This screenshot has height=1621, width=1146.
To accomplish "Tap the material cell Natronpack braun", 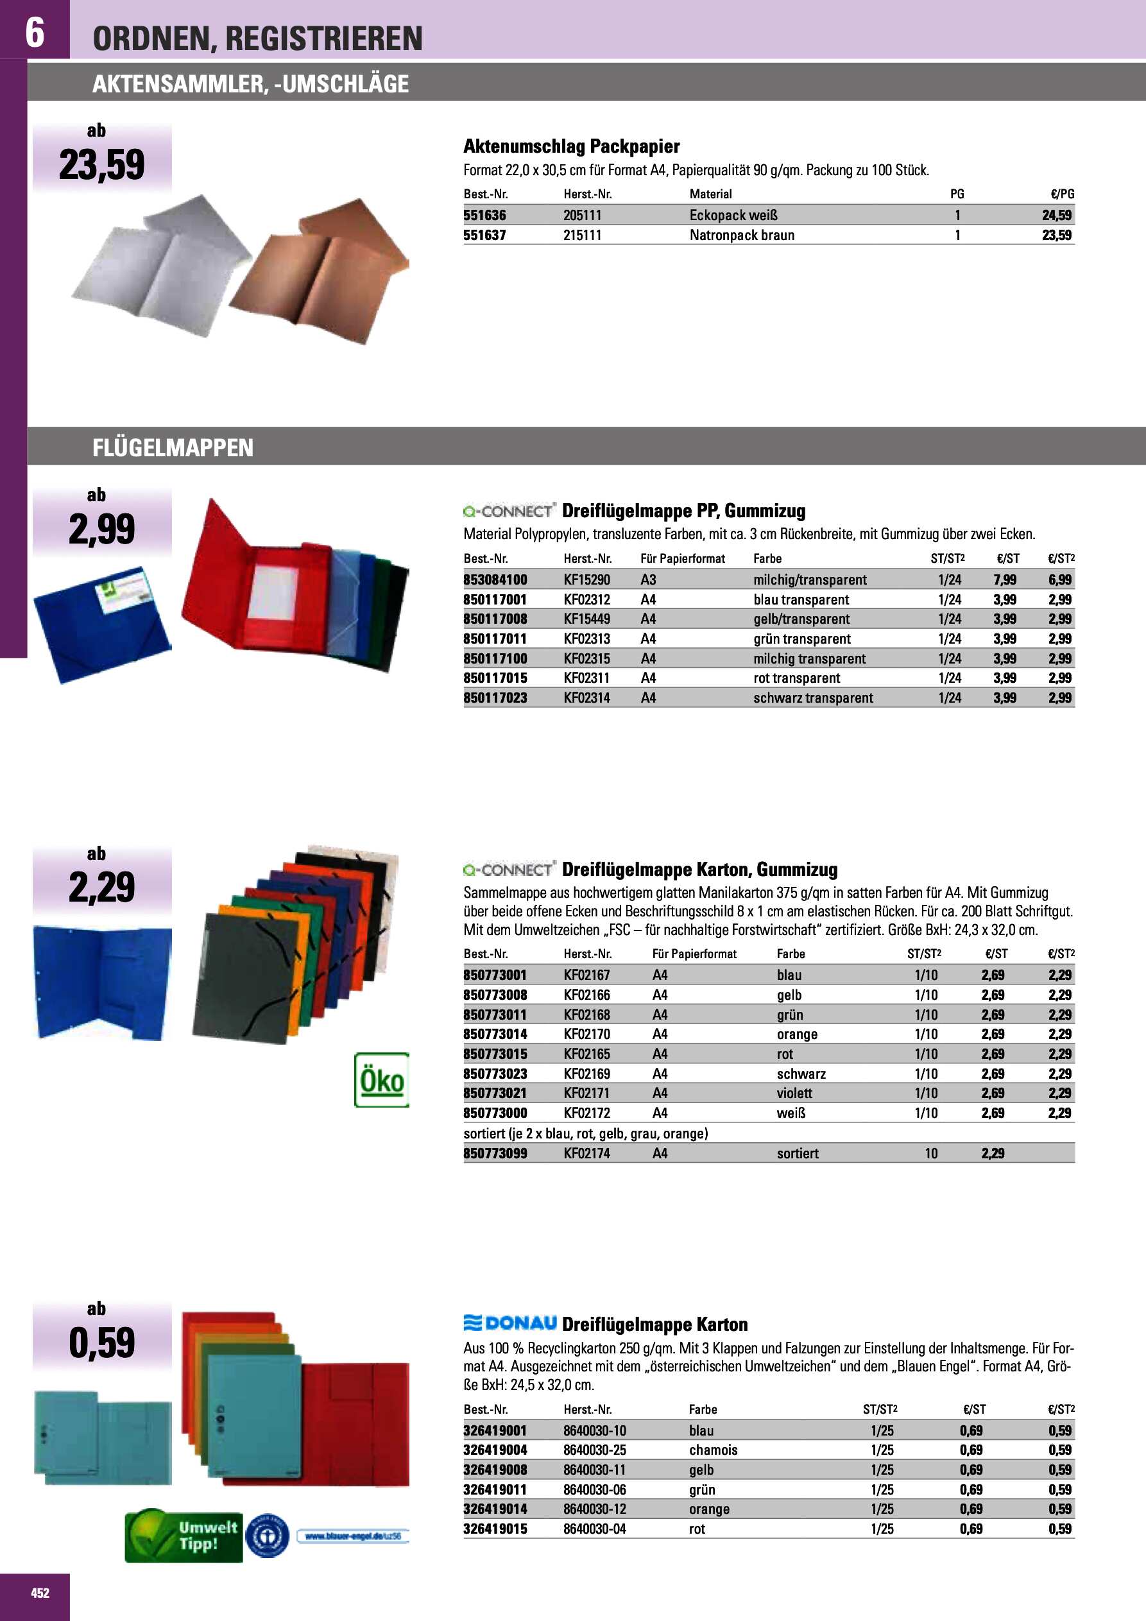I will point(741,235).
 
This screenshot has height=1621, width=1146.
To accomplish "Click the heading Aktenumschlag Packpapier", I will point(571,146).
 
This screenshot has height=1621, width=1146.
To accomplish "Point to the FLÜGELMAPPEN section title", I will point(173,448).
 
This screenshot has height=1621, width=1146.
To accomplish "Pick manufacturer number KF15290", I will point(586,579).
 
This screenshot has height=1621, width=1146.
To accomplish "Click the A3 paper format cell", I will point(648,579).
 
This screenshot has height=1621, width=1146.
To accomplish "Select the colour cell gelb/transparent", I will point(801,619).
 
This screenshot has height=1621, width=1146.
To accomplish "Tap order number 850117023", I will point(495,698).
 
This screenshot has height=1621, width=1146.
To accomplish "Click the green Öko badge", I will point(381,1080).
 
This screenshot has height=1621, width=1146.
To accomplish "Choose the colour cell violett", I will point(794,1093).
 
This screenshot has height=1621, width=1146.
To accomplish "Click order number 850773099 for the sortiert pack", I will point(495,1154).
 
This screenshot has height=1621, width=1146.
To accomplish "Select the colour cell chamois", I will point(713,1450).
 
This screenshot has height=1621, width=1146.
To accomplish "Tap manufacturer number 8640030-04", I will point(595,1529).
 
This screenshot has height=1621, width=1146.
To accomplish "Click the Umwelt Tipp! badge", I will point(183,1536).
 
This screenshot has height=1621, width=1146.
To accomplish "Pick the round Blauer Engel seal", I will point(267,1536).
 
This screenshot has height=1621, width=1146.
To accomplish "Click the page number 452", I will point(40,1593).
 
